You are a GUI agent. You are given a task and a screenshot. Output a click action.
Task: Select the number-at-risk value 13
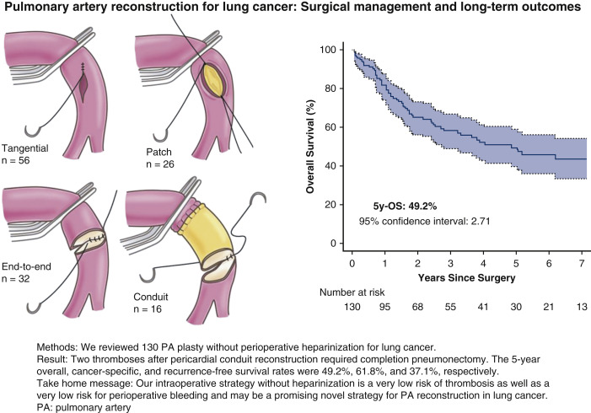click(x=582, y=307)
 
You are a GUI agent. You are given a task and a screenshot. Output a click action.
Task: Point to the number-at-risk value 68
click(x=418, y=307)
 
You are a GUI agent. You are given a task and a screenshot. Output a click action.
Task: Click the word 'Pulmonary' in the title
click(x=38, y=10)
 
